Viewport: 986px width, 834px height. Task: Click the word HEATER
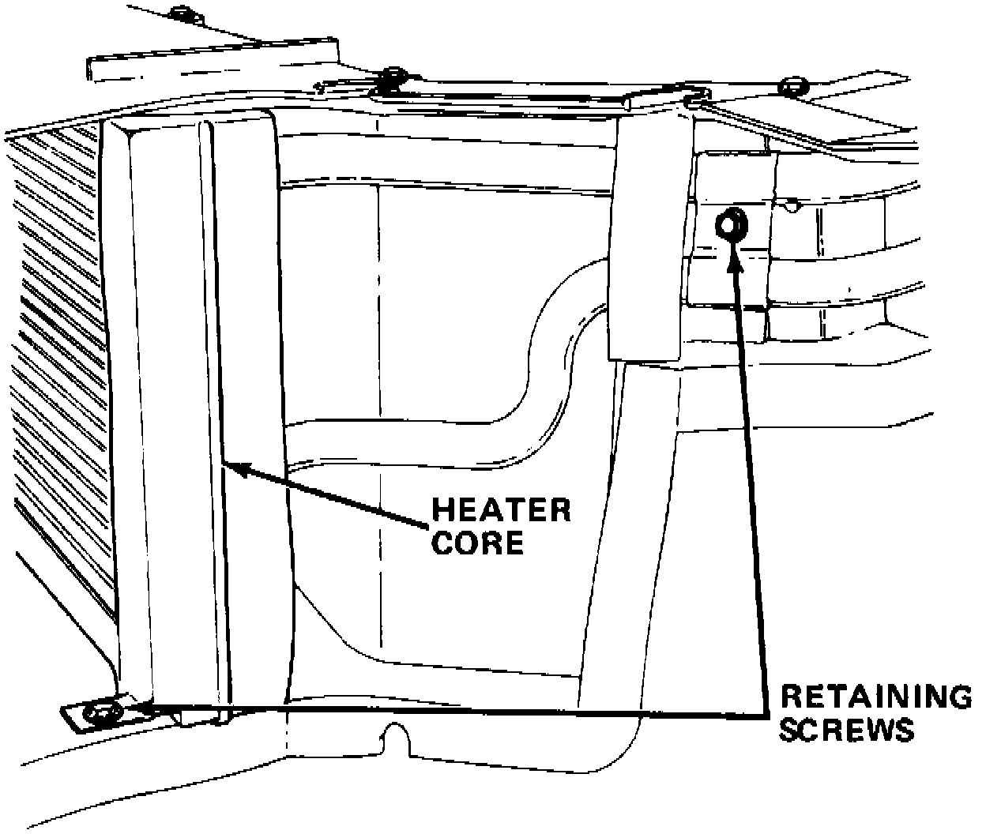pos(501,511)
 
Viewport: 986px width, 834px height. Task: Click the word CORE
pos(478,543)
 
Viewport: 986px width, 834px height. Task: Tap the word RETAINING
pos(875,697)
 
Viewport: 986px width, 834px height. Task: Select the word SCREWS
pos(847,729)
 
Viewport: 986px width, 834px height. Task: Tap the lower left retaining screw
pos(101,714)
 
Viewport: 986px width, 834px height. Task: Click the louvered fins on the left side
pos(59,332)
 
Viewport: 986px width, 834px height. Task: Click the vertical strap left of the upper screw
pos(645,237)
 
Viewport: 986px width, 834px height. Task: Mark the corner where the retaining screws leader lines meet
pos(768,713)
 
